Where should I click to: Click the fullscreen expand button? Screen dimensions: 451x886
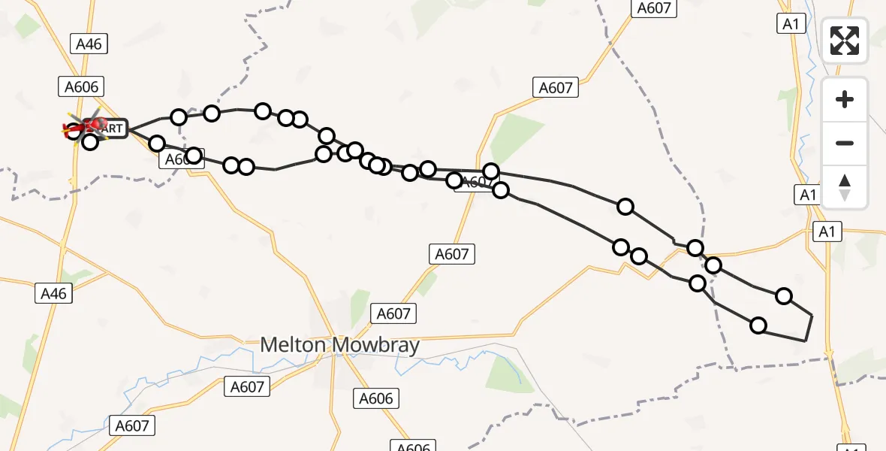click(x=845, y=41)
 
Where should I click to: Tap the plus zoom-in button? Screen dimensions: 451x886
click(x=845, y=100)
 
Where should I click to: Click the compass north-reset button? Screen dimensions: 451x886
click(x=845, y=187)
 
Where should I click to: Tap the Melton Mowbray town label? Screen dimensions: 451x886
click(x=339, y=346)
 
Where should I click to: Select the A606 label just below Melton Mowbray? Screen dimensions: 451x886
click(x=376, y=398)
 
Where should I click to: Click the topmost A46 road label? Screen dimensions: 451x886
click(x=89, y=44)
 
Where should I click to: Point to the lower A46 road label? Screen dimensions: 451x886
click(x=54, y=293)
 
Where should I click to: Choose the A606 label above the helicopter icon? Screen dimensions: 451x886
click(x=81, y=87)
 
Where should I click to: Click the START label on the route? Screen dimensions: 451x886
click(x=111, y=129)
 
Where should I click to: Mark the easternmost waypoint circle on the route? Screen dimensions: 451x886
click(x=784, y=296)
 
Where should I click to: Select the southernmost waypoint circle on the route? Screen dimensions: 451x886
click(x=758, y=325)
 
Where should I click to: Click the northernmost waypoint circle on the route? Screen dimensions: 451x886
click(x=262, y=111)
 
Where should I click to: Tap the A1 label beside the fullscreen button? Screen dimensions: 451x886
click(x=790, y=24)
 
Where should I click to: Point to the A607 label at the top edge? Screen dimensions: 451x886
click(x=655, y=8)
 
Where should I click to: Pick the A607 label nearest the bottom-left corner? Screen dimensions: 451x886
click(x=133, y=425)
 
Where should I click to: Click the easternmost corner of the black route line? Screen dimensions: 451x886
click(x=812, y=316)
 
